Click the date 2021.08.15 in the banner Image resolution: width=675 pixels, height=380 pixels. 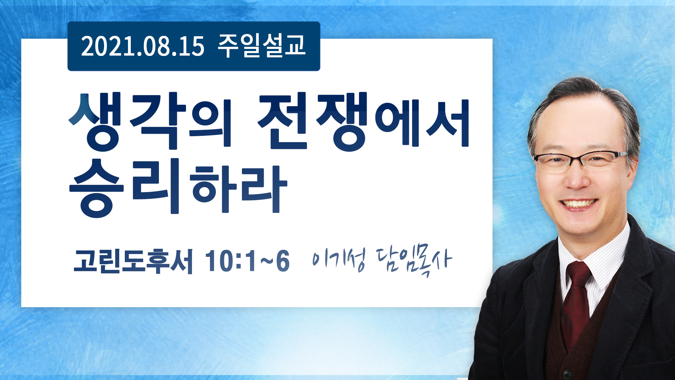pos(142,46)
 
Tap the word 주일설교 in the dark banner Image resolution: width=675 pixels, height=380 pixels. pos(262,46)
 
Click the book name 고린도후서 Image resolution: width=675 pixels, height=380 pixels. pos(133,261)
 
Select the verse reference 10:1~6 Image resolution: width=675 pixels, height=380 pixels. pos(247,261)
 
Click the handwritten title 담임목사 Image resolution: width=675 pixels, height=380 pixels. pos(414,261)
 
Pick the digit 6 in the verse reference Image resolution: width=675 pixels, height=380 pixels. pos(283,261)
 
